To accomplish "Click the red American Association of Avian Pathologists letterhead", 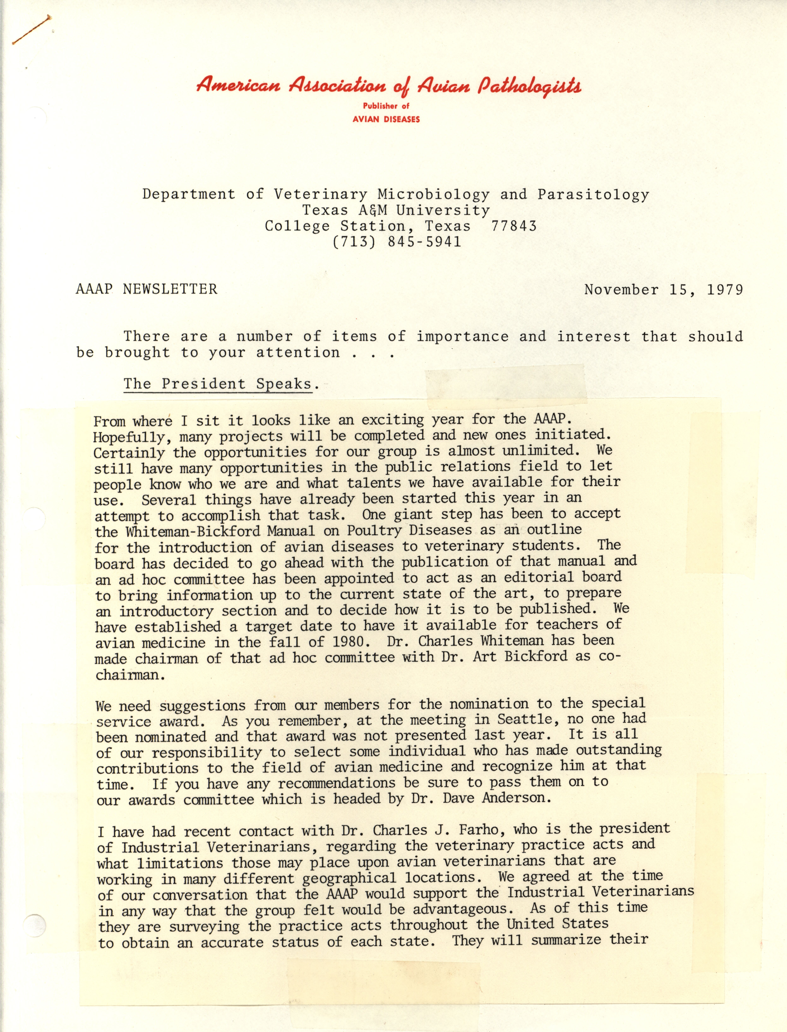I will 389,86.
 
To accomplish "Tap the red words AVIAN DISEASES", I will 386,119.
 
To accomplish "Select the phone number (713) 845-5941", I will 396,242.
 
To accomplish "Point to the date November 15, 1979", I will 663,290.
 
